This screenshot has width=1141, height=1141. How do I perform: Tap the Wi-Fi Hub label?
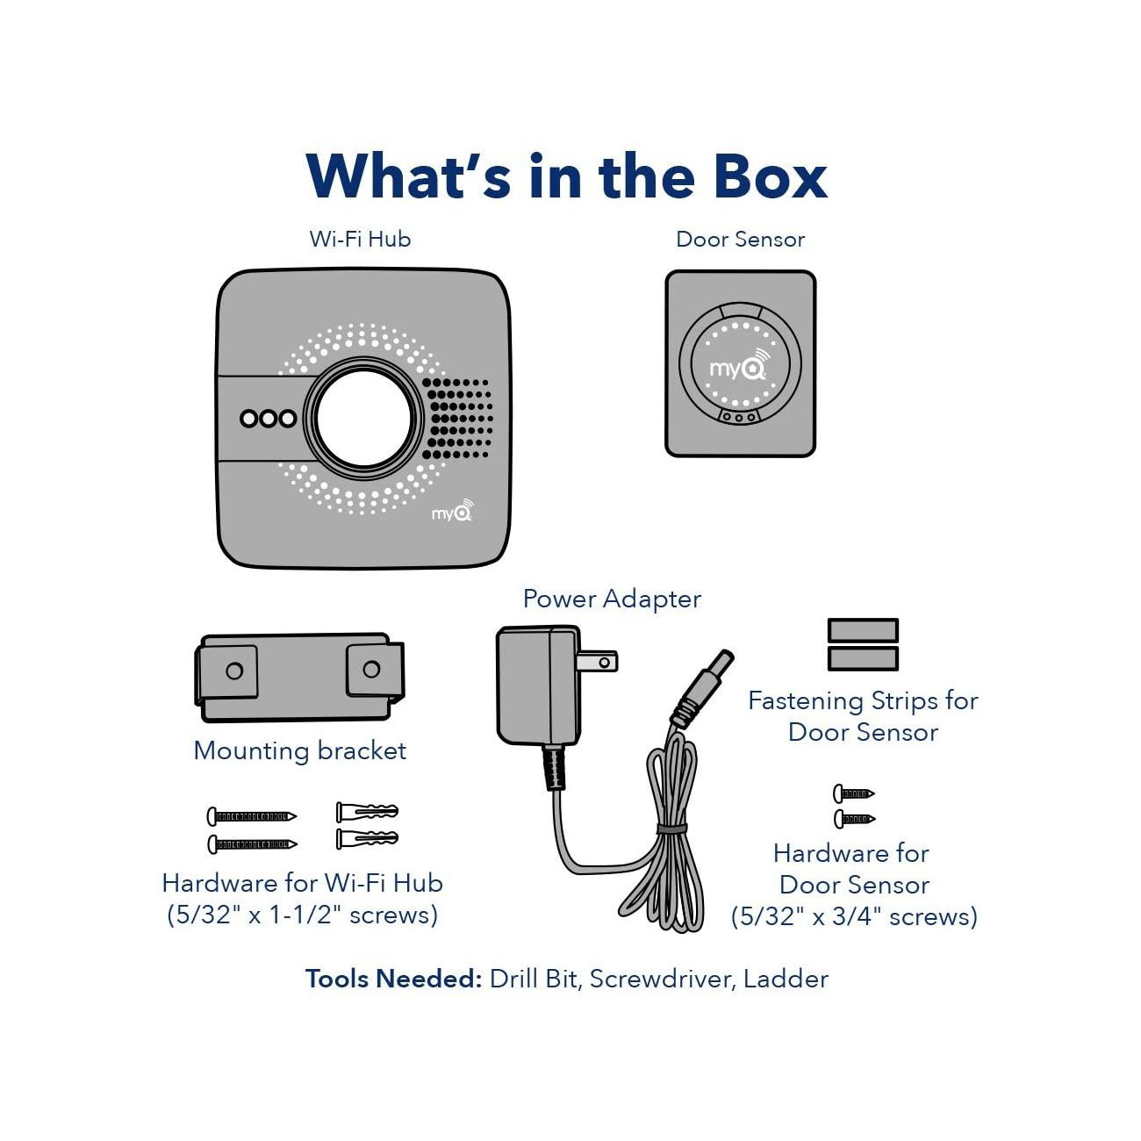point(360,239)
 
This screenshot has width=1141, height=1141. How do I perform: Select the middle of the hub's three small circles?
point(269,419)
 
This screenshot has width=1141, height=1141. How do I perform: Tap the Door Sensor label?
point(740,239)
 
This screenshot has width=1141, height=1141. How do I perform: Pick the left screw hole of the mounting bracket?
point(234,671)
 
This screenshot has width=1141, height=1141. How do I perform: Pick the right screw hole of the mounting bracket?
point(371,670)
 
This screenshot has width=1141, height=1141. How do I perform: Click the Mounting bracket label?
point(299,750)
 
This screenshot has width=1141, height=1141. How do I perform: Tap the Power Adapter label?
point(612,599)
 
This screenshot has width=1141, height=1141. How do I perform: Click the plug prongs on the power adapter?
point(600,661)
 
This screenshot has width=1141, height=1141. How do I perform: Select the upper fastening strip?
point(863,630)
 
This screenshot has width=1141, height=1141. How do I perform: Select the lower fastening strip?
point(863,658)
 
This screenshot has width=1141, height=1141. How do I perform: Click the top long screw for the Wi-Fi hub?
point(252,816)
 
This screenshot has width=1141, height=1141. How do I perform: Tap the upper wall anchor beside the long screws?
point(367,810)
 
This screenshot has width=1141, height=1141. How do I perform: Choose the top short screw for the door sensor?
point(853,793)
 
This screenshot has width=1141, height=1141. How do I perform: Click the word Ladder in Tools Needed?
point(786,979)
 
